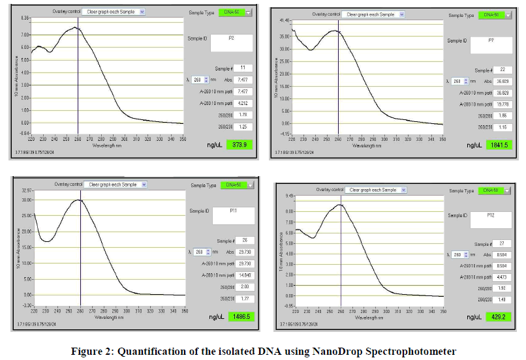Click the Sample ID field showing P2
[230, 42]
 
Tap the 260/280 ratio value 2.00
[243, 287]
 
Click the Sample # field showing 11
[243, 68]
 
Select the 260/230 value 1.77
[243, 298]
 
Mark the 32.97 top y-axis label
[27, 190]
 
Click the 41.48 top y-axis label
[285, 20]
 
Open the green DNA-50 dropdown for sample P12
[491, 190]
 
